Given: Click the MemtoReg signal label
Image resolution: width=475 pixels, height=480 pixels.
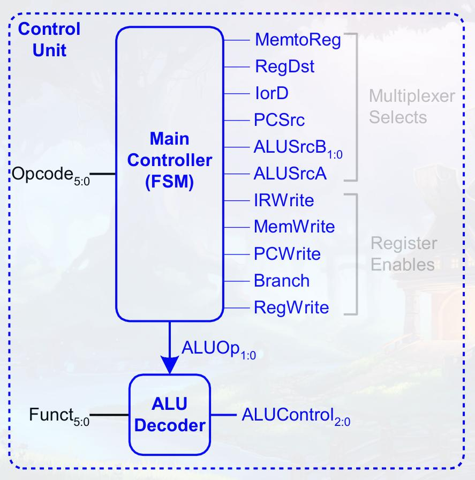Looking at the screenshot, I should click(298, 41).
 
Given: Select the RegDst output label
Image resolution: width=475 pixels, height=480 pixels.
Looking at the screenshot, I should click(284, 67).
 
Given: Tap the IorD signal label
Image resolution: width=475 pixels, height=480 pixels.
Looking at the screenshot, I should click(272, 94).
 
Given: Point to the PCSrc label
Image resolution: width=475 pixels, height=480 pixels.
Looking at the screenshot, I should click(280, 120).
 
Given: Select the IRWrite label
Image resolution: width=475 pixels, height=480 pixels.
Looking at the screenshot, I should click(284, 200).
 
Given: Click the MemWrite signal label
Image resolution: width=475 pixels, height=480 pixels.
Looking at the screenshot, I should click(294, 227).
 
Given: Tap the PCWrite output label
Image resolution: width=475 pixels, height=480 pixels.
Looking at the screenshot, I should click(287, 253).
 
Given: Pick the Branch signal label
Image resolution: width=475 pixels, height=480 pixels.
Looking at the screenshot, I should click(282, 280).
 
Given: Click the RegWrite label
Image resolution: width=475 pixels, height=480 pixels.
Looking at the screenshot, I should click(291, 307).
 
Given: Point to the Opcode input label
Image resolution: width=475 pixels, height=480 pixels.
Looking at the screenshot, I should click(49, 175).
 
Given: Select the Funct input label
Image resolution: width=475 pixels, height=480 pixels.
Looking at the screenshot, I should click(59, 416).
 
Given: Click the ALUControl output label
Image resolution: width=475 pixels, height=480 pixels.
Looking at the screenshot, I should click(296, 416).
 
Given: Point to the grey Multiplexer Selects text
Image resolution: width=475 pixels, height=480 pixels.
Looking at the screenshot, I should click(411, 107).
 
